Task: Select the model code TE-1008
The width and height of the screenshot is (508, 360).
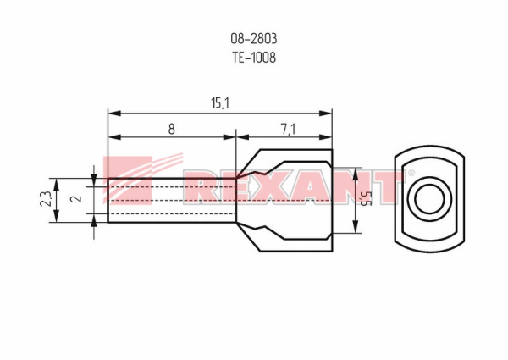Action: (x=254, y=58)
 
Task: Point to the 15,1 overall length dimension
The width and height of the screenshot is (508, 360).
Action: (x=220, y=102)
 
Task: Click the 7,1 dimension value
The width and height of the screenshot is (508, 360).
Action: (x=286, y=129)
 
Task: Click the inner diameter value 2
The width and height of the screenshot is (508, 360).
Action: (x=75, y=200)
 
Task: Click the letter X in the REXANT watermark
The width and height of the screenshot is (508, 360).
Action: (x=268, y=188)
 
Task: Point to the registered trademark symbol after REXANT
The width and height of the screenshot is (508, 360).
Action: (x=411, y=174)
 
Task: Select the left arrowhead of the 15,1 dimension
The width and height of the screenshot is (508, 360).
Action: (x=112, y=112)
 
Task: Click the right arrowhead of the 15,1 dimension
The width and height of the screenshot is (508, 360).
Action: (x=328, y=112)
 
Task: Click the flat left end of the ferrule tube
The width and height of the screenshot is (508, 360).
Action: (x=108, y=200)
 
